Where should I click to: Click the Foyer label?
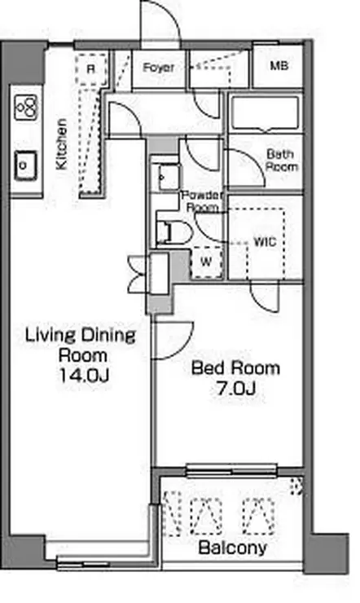click(x=159, y=68)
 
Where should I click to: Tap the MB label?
click(x=279, y=66)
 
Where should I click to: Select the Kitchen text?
click(x=61, y=144)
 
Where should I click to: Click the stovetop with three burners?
click(x=26, y=107)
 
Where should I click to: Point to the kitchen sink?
click(x=26, y=165)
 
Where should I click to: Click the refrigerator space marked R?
click(x=90, y=69)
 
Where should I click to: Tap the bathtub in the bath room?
click(x=266, y=112)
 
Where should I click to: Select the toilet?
click(x=173, y=233)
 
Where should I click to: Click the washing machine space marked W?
click(x=206, y=262)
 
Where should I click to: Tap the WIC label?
click(x=265, y=242)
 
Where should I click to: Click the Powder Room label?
click(x=203, y=200)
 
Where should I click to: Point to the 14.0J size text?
click(x=83, y=375)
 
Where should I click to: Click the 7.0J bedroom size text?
click(x=236, y=389)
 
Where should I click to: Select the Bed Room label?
click(x=235, y=368)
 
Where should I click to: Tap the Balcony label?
click(x=233, y=548)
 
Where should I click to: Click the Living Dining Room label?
click(x=81, y=345)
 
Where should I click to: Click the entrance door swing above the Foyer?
click(x=160, y=23)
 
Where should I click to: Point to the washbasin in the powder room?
click(x=169, y=177)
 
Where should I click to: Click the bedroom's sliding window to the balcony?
click(x=231, y=471)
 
